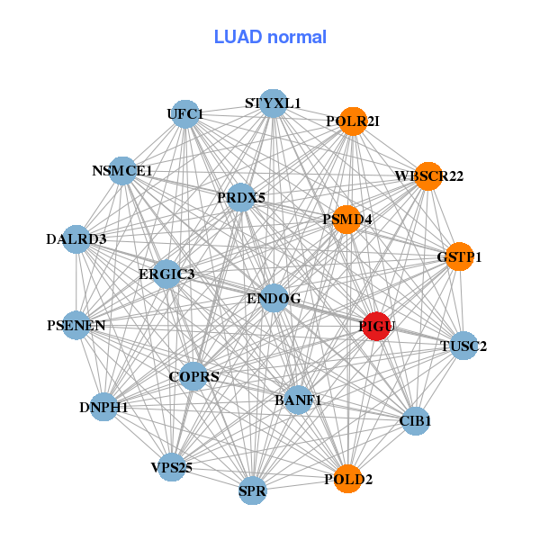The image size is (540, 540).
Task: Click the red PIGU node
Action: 376,326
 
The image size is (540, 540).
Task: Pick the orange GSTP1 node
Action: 459,256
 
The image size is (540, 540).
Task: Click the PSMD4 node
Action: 346,219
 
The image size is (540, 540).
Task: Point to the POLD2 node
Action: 347,479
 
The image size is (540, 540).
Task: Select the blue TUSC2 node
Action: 463,346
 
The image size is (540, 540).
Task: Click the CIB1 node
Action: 415,420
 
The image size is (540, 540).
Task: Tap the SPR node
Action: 253,491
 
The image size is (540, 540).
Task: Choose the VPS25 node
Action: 172,467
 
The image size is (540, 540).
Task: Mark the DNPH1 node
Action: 103,408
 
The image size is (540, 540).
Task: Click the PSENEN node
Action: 76,325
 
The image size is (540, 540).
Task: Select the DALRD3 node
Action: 76,239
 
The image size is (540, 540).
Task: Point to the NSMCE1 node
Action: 122,170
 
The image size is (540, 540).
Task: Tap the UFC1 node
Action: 185,114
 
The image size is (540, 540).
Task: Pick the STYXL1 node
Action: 274,103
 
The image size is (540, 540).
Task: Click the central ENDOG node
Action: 274,298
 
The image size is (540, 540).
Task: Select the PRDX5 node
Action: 240,197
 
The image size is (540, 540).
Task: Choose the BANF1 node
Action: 298,400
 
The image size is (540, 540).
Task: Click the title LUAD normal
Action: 270,37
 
